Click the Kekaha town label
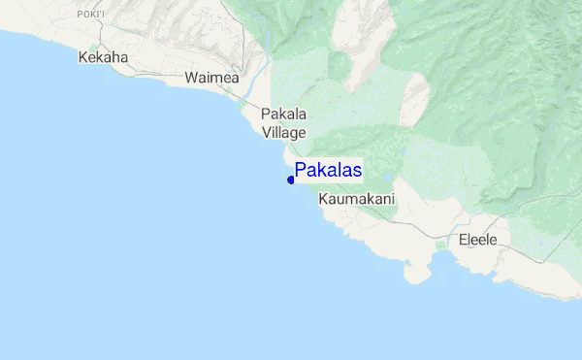tap(103, 57)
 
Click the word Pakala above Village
tap(284, 115)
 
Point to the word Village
tap(284, 132)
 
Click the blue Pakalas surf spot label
tap(328, 171)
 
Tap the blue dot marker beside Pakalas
tap(291, 179)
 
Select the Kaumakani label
tap(357, 198)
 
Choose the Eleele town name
tap(477, 239)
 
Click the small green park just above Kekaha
tap(94, 47)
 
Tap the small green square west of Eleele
tap(441, 245)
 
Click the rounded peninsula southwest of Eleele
tap(417, 274)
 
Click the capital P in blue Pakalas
tap(301, 171)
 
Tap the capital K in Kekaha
tap(82, 57)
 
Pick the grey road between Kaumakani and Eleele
tap(427, 229)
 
